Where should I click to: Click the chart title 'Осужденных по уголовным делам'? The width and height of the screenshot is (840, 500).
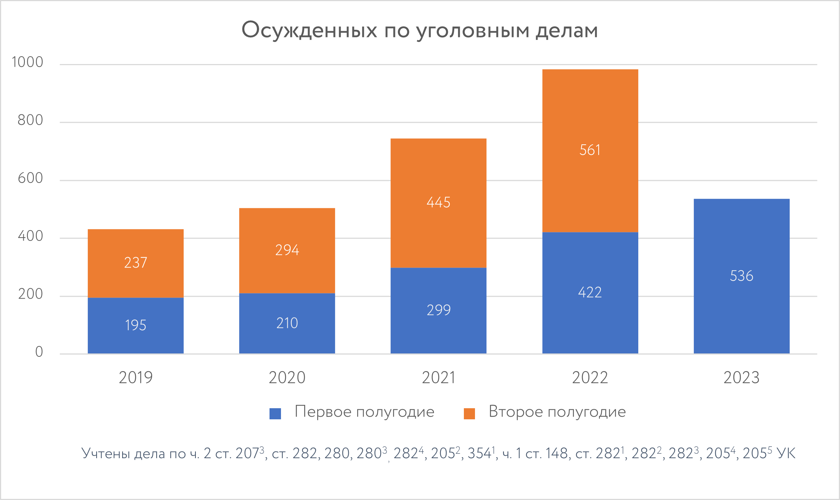coord(419,30)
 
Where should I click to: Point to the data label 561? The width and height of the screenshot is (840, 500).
coord(590,150)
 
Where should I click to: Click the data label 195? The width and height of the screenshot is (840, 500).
coord(135,325)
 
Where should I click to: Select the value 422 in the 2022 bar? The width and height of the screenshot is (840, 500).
coord(590,292)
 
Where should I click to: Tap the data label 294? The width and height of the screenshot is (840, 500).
coord(287,250)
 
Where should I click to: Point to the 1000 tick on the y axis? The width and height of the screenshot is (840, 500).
coord(27,62)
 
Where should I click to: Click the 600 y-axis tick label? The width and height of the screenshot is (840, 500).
coord(30,178)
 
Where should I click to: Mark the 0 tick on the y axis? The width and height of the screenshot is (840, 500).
coord(39,352)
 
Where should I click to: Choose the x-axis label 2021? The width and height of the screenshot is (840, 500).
coord(438,378)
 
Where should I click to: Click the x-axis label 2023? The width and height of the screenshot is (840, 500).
coord(742,378)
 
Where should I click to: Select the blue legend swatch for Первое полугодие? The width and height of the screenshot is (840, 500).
coord(275,413)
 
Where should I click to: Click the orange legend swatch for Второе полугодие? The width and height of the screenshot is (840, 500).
coord(469,413)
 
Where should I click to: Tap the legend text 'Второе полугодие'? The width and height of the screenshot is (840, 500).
coord(557,412)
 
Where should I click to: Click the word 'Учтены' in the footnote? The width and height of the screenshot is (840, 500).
coord(106,454)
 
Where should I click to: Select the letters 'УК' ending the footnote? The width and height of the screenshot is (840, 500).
coord(786,454)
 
